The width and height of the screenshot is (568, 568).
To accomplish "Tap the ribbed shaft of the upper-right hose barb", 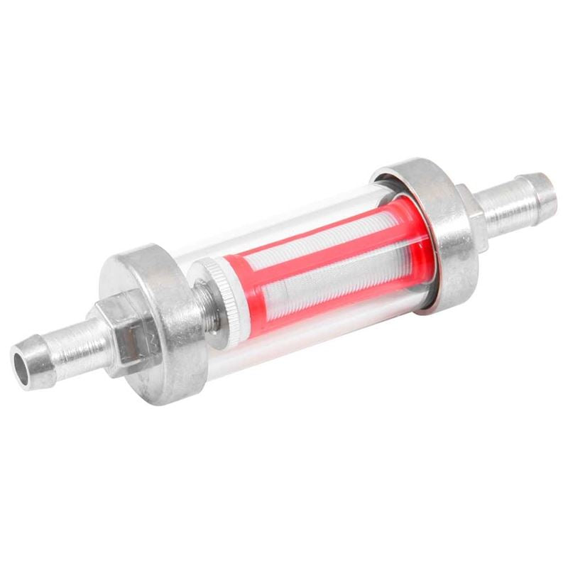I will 508,206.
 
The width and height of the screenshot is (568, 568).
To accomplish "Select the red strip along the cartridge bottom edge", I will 341,301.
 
